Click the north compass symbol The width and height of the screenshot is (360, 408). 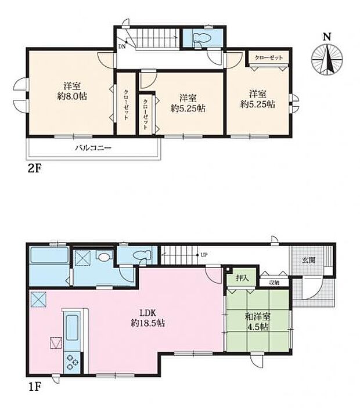pyautogui.click(x=327, y=60)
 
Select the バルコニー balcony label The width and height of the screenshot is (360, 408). pyautogui.click(x=92, y=147)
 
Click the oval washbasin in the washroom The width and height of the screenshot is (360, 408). pyautogui.click(x=105, y=257)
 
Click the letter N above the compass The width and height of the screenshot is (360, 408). pyautogui.click(x=327, y=37)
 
